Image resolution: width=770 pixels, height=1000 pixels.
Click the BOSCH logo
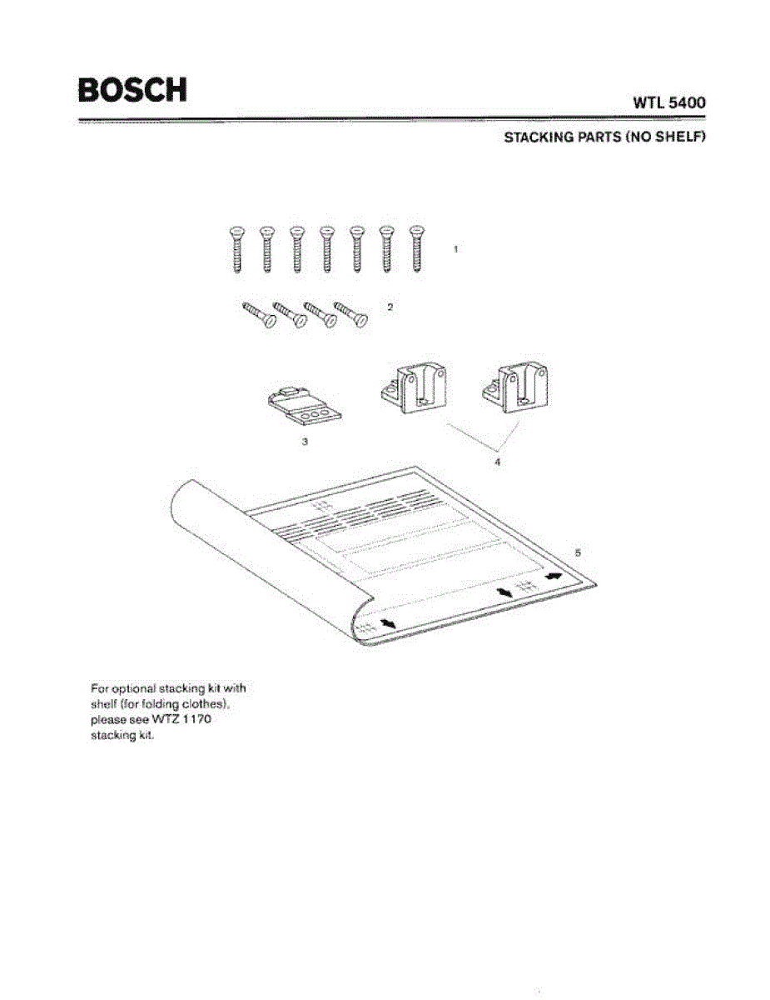[x=132, y=89]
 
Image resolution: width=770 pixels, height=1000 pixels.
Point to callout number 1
[x=455, y=249]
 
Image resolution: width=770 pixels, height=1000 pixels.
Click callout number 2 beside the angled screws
[x=390, y=307]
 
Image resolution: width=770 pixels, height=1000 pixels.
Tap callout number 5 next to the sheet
[x=579, y=552]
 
